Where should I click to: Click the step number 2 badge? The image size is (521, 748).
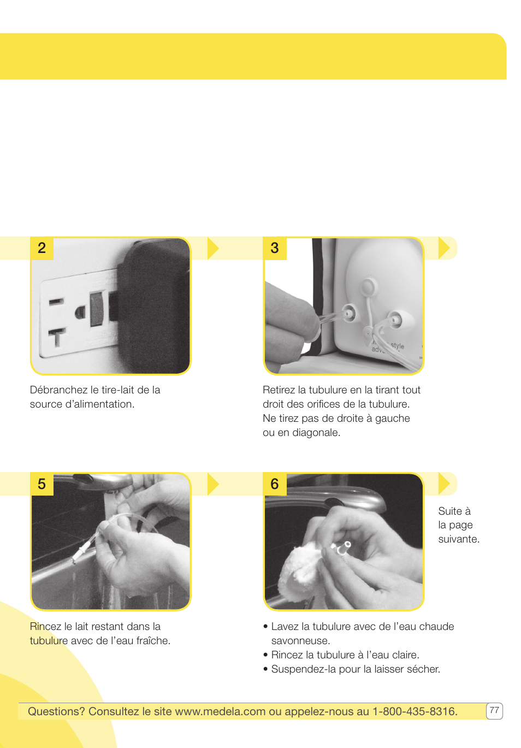pos(42,248)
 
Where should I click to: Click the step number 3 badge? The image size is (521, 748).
pos(275,248)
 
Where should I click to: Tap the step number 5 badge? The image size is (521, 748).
pos(42,484)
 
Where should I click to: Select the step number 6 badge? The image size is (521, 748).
pos(275,484)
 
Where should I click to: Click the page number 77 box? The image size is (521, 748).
pos(494,710)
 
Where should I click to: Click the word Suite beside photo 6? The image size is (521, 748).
pos(450,511)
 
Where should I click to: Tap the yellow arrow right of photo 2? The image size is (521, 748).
pos(213,248)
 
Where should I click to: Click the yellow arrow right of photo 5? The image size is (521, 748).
pos(213,484)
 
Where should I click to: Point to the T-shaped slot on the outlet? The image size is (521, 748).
pos(57,337)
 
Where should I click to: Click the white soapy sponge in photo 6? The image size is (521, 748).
pos(298,568)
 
